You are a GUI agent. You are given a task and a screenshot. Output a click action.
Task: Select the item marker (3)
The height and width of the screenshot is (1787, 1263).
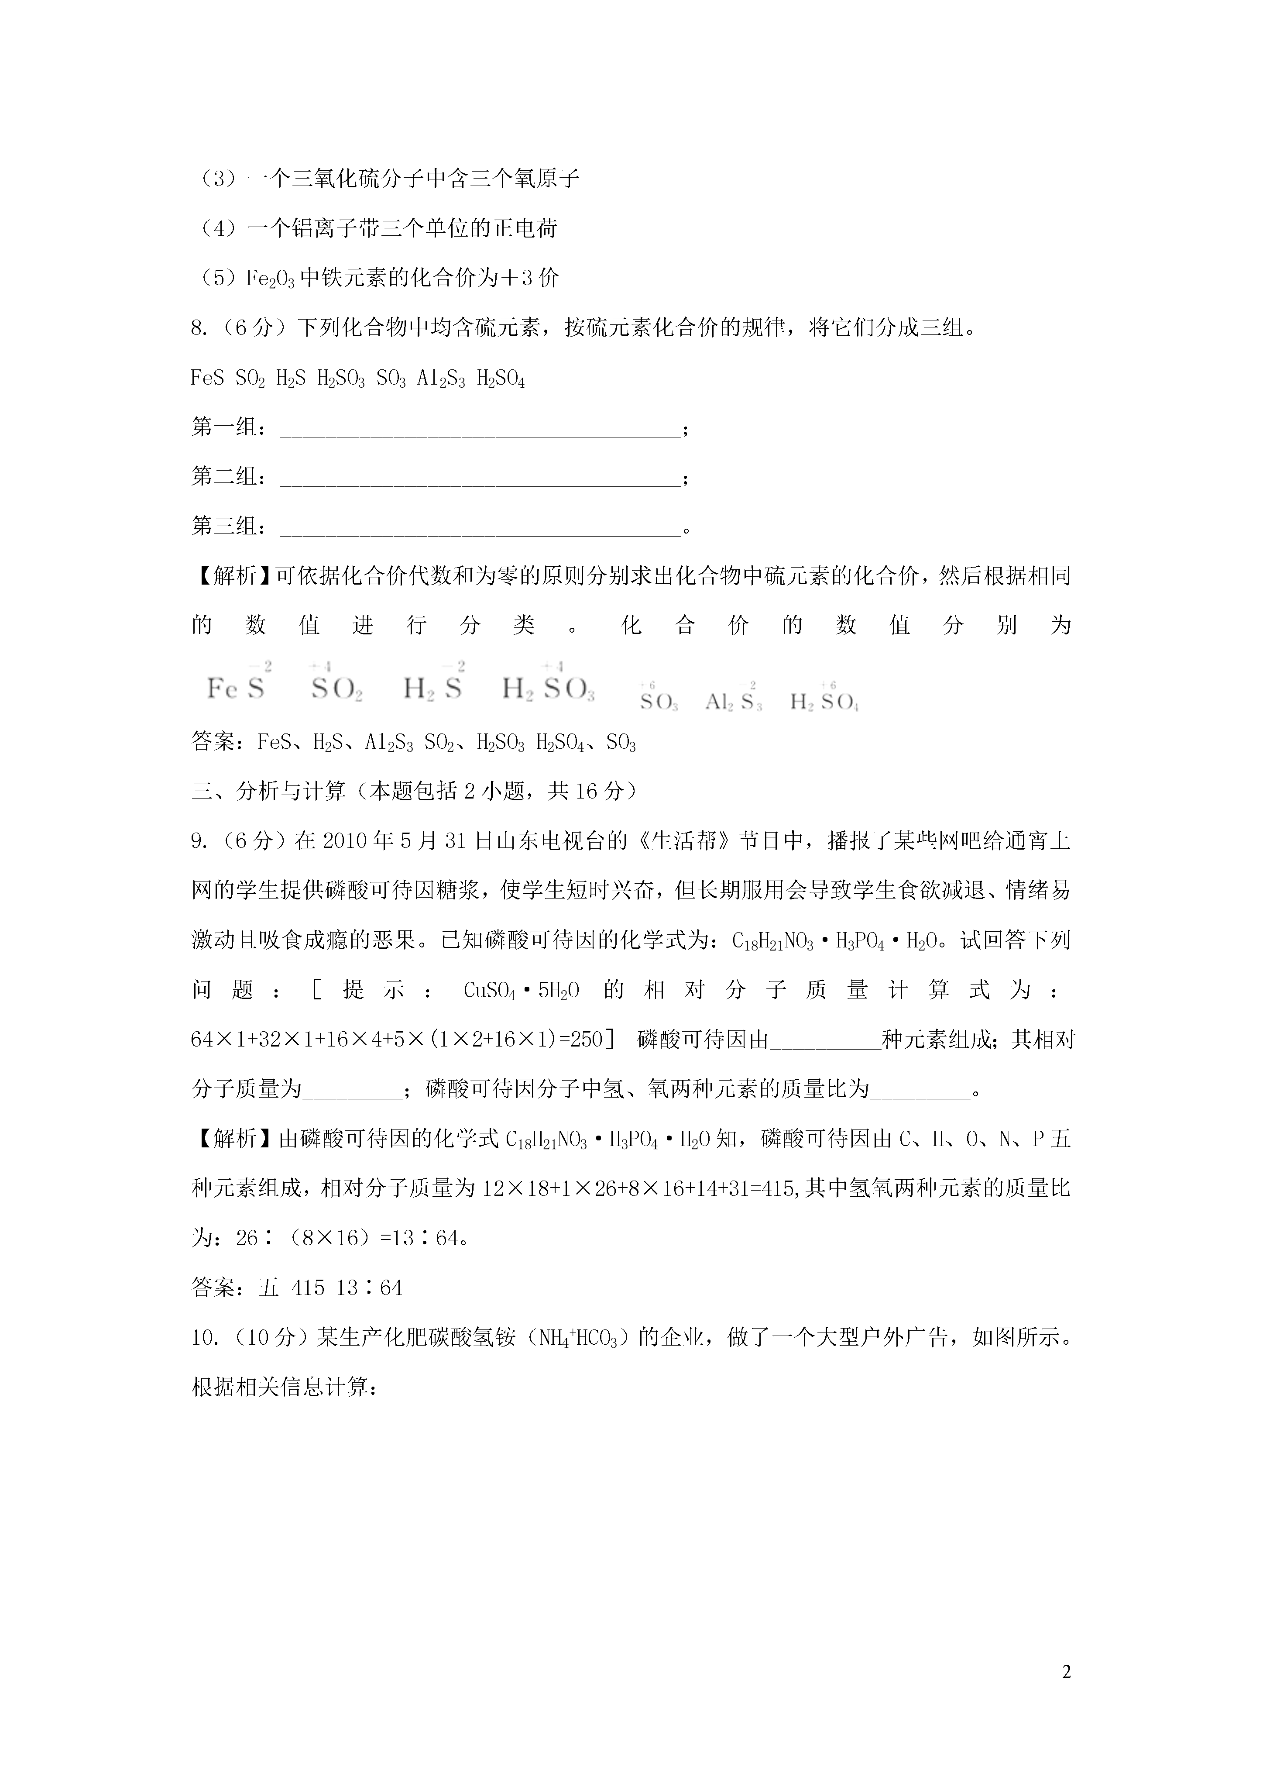pyautogui.click(x=214, y=179)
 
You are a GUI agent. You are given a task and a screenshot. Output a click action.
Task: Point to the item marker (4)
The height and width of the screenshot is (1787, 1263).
pyautogui.click(x=214, y=229)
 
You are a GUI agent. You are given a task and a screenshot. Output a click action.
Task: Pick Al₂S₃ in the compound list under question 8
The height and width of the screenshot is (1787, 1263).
pyautogui.click(x=441, y=379)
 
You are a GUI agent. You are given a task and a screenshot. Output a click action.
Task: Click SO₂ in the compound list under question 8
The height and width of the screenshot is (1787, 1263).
pyautogui.click(x=250, y=379)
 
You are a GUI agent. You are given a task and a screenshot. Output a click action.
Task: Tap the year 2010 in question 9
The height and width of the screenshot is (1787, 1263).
pyautogui.click(x=343, y=841)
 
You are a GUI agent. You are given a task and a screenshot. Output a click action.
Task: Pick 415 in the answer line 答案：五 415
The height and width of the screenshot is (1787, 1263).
pyautogui.click(x=307, y=1288)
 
